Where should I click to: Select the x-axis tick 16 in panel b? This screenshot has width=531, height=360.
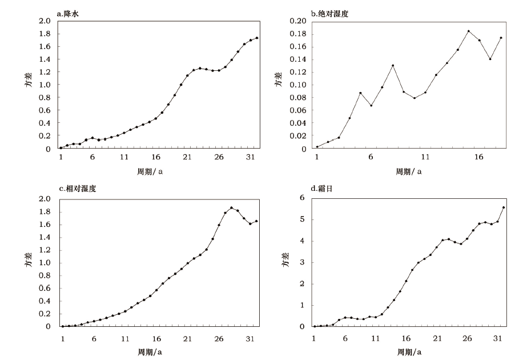tap(479, 158)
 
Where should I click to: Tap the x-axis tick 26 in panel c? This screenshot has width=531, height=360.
tap(219, 338)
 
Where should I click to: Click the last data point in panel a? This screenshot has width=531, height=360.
tap(257, 38)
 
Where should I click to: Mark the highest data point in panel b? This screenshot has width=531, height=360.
tap(468, 31)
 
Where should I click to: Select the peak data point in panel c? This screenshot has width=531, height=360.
tap(231, 208)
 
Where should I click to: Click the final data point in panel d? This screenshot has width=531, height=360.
tap(504, 207)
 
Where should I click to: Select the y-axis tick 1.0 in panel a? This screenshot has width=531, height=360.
tap(45, 85)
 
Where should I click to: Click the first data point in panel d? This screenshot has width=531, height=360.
tap(314, 326)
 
